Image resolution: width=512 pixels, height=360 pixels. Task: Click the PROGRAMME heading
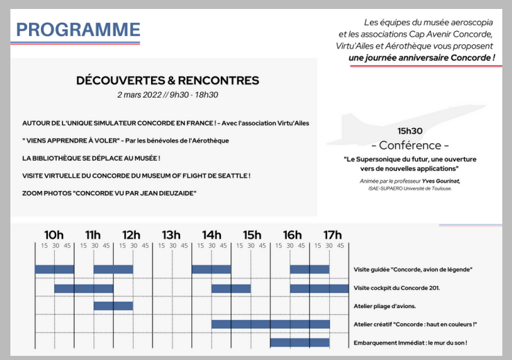pos(78,30)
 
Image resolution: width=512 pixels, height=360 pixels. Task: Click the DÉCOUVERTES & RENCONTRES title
pos(168,81)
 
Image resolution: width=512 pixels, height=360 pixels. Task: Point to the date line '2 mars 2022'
pos(168,95)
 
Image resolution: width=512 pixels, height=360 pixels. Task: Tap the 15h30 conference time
pos(410,131)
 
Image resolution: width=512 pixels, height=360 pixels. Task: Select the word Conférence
pos(410,145)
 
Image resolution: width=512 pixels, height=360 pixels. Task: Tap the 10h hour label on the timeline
pos(54,235)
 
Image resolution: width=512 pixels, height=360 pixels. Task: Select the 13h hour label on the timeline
pos(171,235)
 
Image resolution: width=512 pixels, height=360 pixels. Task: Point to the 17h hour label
pos(333,235)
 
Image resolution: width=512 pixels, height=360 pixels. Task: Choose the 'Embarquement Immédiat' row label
pos(410,343)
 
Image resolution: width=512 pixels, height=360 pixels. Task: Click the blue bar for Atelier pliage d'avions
pos(113,306)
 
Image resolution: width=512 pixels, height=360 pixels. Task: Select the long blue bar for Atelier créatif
pos(270,324)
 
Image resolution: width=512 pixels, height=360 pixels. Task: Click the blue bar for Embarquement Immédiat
pos(299,343)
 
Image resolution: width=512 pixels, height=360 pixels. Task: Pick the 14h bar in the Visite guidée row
pos(211,269)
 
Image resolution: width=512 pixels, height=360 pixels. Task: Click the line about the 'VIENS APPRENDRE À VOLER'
pos(125,141)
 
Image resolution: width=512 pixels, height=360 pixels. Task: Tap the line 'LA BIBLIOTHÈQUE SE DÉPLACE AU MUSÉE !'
pos(91,158)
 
